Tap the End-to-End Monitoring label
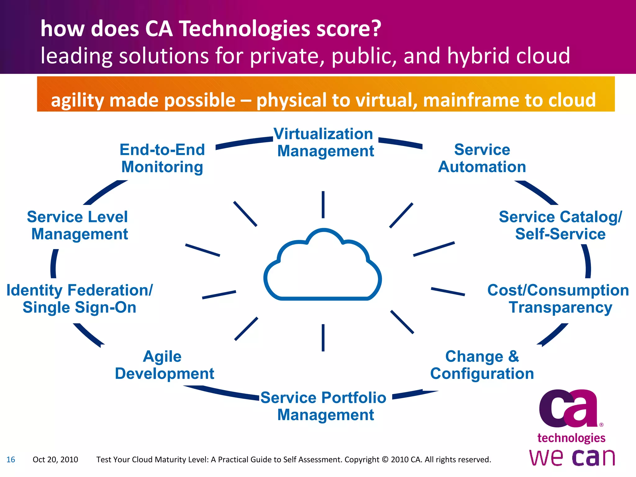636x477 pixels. (162, 158)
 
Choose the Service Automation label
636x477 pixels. (482, 158)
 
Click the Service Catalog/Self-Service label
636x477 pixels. (560, 225)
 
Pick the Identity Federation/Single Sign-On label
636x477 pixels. (79, 299)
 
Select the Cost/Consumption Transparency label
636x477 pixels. (558, 299)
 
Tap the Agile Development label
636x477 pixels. (164, 365)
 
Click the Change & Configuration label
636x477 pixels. (482, 365)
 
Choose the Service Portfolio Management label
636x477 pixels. (324, 406)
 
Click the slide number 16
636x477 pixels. (11, 460)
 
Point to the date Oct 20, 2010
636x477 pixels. (55, 460)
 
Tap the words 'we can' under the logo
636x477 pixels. (572, 457)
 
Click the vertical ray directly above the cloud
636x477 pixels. (323, 205)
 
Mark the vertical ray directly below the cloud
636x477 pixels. (323, 338)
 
